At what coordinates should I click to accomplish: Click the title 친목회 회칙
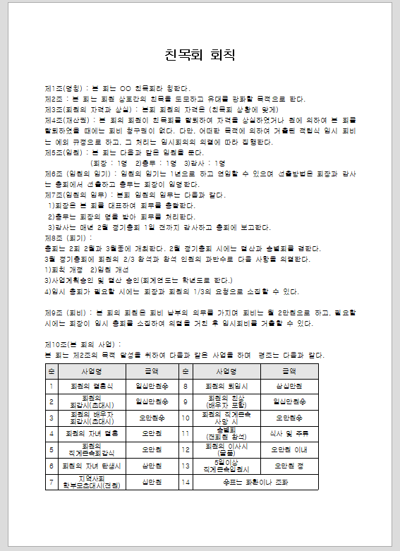[200, 55]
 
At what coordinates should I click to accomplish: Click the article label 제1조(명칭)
[63, 89]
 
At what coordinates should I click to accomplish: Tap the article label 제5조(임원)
[63, 152]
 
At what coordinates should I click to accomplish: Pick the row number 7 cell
[51, 483]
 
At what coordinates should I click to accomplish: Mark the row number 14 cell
[186, 483]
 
